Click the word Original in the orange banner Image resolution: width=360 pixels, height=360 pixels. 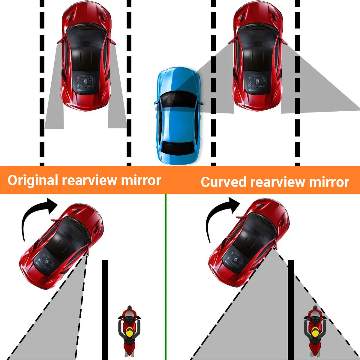[x=33, y=181]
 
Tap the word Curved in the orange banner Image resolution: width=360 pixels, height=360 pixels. [x=223, y=182]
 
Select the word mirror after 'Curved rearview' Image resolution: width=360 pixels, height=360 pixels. [x=329, y=182]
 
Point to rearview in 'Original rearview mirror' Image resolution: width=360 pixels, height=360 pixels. [x=89, y=180]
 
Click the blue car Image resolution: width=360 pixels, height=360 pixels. [x=178, y=116]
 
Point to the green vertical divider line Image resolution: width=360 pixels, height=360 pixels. [x=166, y=277]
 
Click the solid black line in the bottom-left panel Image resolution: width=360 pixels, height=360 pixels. [x=105, y=310]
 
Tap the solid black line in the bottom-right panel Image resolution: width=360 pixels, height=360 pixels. [x=291, y=310]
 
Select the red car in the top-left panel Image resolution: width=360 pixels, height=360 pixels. [x=86, y=56]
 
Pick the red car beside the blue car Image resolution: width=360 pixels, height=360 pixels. [x=258, y=56]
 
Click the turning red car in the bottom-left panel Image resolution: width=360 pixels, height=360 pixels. [x=62, y=247]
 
